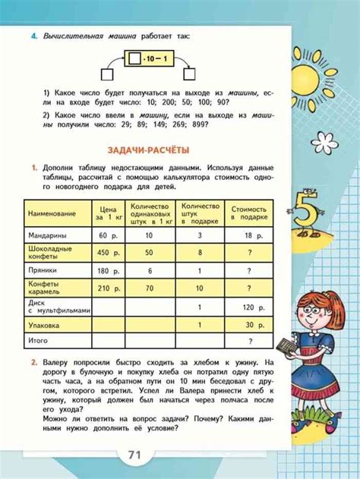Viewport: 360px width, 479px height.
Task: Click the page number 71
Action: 135,455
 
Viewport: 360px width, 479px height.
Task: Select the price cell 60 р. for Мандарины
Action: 109,237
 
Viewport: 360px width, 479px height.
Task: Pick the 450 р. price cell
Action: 109,253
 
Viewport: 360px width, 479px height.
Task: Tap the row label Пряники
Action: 43,270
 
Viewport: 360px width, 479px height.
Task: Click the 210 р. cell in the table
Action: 109,288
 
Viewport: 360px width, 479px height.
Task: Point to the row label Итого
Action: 39,342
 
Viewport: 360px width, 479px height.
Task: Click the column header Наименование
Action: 52,215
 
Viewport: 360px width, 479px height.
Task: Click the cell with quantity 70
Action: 150,288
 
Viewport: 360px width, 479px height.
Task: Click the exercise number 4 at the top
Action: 33,36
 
